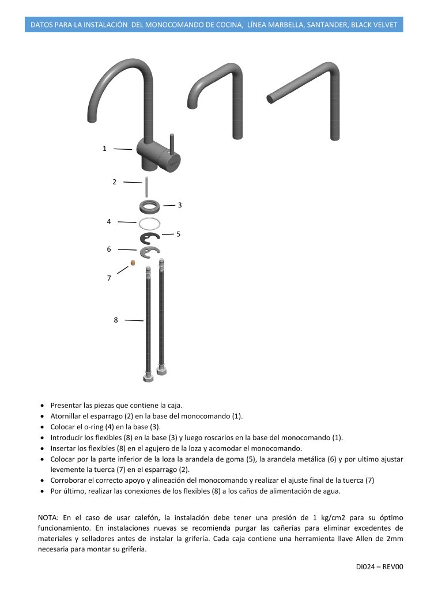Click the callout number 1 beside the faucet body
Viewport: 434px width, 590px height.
[104, 149]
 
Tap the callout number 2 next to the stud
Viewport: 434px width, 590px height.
[114, 182]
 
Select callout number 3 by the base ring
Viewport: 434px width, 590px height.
[180, 205]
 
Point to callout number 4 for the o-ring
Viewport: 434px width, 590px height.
[108, 221]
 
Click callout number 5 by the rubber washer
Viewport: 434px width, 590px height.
[179, 234]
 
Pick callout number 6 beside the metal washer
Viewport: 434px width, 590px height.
[108, 249]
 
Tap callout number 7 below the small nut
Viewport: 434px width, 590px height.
[108, 278]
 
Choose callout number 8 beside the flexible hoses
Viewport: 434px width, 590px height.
[115, 320]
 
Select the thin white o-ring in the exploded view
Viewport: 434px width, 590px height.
[149, 222]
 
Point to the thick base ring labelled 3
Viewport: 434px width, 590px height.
[149, 206]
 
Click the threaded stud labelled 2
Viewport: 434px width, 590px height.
[148, 188]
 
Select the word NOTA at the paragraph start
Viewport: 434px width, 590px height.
[48, 517]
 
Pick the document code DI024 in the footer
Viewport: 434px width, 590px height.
[367, 567]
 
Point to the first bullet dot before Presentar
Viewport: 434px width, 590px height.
[43, 406]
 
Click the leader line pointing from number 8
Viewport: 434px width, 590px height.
[134, 320]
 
